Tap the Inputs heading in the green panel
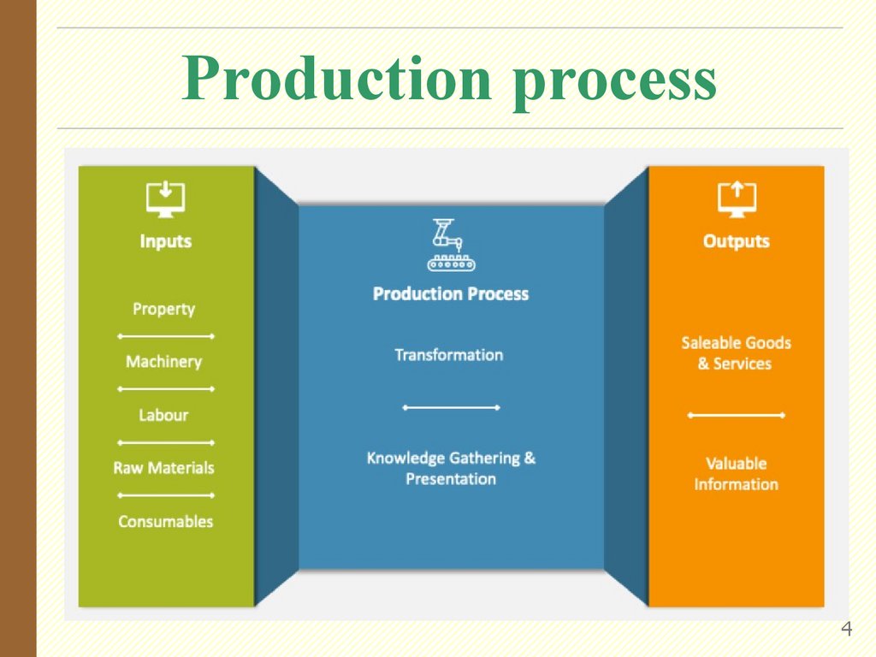[x=165, y=241]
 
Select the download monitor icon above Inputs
[x=165, y=199]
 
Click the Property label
[x=163, y=309]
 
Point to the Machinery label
[x=163, y=362]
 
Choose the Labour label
[x=163, y=415]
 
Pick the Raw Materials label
[x=163, y=468]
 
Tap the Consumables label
[x=165, y=521]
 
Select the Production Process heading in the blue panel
[x=451, y=293]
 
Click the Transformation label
[x=449, y=354]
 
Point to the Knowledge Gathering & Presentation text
[x=451, y=468]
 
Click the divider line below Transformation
[x=451, y=408]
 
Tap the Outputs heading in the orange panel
[x=736, y=241]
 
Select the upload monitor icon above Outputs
[x=736, y=199]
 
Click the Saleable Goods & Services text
[x=736, y=352]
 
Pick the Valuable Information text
[x=736, y=473]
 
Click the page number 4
[x=846, y=630]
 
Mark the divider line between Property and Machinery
[x=165, y=336]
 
